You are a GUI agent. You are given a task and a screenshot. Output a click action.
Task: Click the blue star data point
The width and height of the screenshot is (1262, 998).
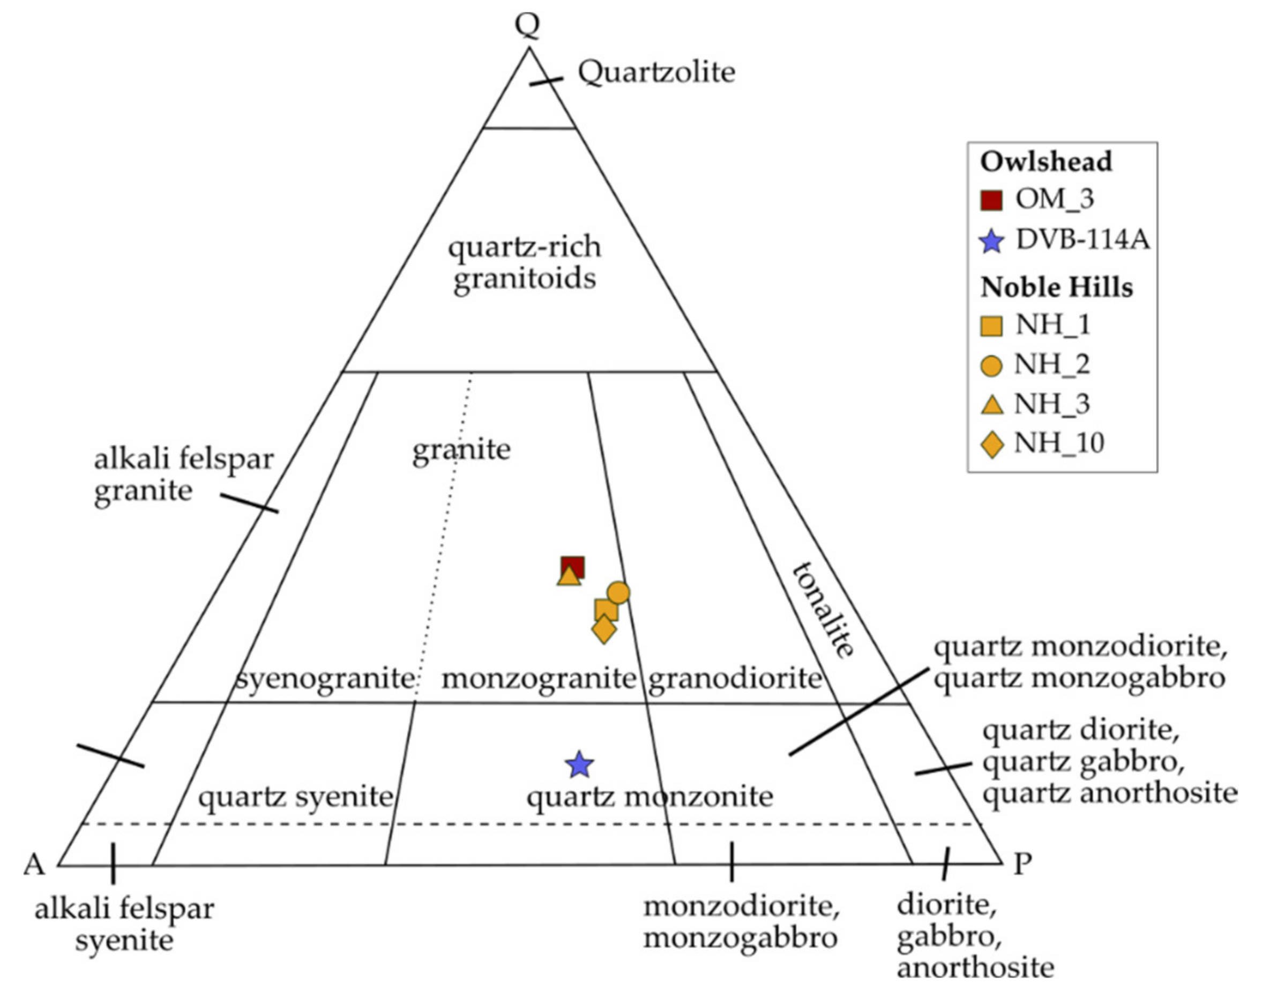pyautogui.click(x=580, y=765)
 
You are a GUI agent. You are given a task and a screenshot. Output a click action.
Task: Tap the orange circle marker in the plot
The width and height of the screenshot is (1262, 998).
pyautogui.click(x=618, y=592)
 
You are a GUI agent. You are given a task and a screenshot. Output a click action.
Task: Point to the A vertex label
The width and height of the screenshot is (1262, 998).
pyautogui.click(x=34, y=864)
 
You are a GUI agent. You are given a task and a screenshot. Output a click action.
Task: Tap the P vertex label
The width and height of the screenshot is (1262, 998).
pyautogui.click(x=1022, y=863)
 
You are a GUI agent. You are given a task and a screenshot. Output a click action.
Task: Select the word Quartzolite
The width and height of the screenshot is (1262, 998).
pyautogui.click(x=656, y=73)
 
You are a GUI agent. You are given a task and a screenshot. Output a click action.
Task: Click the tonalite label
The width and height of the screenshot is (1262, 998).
pyautogui.click(x=823, y=610)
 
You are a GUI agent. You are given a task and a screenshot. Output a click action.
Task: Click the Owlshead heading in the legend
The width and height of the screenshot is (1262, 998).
pyautogui.click(x=1046, y=162)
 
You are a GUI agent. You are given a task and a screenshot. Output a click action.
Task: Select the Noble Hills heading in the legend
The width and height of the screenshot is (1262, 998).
pyautogui.click(x=1056, y=288)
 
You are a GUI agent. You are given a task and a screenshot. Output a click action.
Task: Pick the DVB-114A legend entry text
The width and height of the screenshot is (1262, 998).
pyautogui.click(x=1082, y=239)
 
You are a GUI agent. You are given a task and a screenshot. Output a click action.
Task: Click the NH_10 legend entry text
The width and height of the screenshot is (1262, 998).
pyautogui.click(x=1058, y=444)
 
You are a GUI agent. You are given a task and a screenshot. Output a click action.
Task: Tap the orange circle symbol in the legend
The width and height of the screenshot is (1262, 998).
pyautogui.click(x=991, y=366)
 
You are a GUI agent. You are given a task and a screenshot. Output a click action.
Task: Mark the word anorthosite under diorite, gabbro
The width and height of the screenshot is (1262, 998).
pyautogui.click(x=975, y=967)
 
